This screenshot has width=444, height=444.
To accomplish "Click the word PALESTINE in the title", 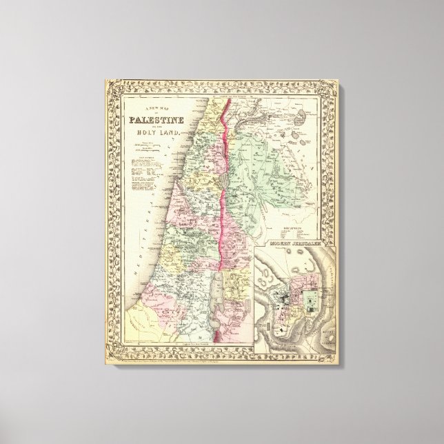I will (153, 123).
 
